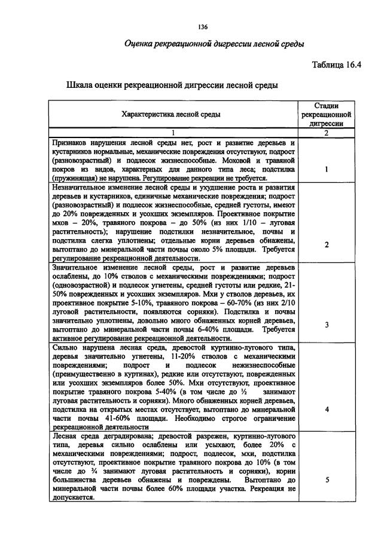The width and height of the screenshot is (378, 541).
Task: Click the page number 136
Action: [202, 27]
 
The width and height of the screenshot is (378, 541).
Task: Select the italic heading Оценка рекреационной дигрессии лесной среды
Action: [214, 44]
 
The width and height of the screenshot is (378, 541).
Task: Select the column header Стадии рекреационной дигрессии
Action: [326, 114]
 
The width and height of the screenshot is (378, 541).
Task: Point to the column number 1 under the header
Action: [173, 133]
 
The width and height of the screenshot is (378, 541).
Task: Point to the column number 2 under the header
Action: [326, 133]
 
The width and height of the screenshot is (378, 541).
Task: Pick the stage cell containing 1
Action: [326, 169]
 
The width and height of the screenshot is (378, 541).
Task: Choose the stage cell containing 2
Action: [326, 244]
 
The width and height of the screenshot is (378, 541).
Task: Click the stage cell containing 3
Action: [326, 325]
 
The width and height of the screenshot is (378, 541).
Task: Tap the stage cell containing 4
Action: [326, 410]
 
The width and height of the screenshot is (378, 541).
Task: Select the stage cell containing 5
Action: [326, 480]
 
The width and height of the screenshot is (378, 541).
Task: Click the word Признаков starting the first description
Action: [71, 143]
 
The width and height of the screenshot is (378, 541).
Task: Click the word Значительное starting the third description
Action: [77, 267]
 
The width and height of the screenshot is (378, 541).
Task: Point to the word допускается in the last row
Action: [72, 497]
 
